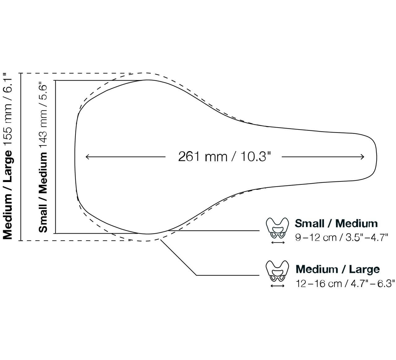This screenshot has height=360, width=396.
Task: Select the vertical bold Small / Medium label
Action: pyautogui.click(x=43, y=192)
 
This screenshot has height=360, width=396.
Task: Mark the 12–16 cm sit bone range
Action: pyautogui.click(x=319, y=284)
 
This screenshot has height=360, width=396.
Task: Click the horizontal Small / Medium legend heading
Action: pyautogui.click(x=336, y=223)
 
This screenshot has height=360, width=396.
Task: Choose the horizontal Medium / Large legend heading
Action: pyautogui.click(x=338, y=269)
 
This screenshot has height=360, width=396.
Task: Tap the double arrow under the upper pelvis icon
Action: pyautogui.click(x=278, y=243)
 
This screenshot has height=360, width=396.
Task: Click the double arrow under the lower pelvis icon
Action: pyautogui.click(x=278, y=286)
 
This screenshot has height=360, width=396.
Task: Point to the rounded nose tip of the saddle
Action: pyautogui.click(x=377, y=158)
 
